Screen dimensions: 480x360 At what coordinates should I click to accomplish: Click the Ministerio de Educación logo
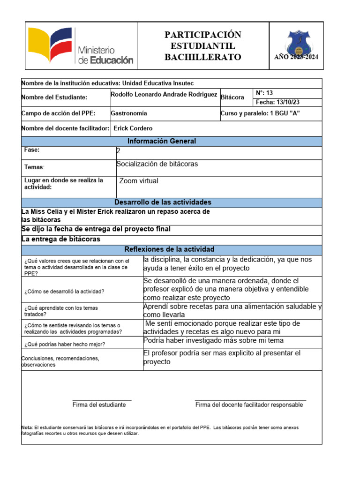coord(81,46)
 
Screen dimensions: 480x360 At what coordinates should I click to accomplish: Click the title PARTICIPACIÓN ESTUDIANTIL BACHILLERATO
coord(203,46)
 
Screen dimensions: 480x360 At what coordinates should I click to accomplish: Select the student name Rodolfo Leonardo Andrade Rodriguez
coord(165,94)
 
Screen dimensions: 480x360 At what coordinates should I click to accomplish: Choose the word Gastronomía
coord(129,113)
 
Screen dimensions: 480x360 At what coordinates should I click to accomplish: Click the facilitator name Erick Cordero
coord(133,128)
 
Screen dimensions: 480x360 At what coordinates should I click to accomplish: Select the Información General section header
coord(162,141)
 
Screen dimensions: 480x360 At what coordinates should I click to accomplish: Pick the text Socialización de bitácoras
coord(157,164)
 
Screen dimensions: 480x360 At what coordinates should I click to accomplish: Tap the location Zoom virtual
coord(139,181)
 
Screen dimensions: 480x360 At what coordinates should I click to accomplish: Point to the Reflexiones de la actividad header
coord(169,249)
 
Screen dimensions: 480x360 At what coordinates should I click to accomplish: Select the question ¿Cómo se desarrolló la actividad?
coord(64,291)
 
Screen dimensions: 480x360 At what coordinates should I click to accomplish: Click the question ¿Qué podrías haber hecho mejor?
coord(65,344)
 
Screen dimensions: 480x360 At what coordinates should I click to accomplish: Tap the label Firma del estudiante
coord(99,405)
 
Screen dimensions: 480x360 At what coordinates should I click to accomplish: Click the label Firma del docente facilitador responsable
coord(249,405)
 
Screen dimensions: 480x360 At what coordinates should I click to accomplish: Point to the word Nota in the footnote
coord(26,427)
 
